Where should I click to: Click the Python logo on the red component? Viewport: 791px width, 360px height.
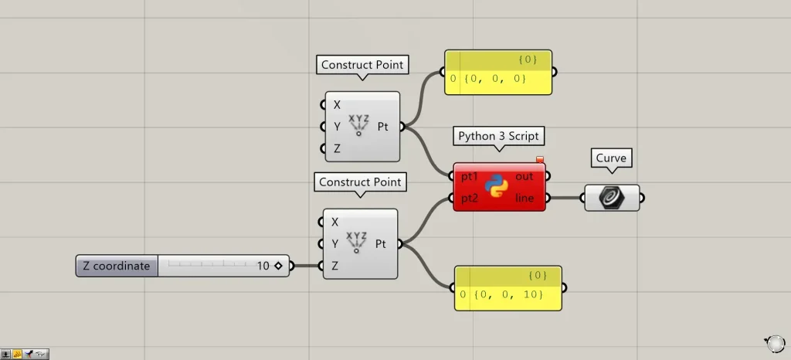pos(496,187)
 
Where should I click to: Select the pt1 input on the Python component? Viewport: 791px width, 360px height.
pos(469,177)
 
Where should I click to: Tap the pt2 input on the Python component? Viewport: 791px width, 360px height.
pos(469,198)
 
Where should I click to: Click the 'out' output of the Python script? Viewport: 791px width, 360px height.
pos(525,177)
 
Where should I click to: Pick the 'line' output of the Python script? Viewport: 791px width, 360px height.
pos(525,198)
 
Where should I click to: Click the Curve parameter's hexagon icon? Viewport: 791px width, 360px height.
pos(612,198)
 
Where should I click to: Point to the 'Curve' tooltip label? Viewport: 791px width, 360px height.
pos(610,158)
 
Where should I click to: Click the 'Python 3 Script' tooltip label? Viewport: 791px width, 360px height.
pos(498,136)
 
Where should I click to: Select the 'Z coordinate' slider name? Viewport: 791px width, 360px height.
pos(117,266)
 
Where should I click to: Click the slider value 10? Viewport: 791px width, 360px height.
pos(263,266)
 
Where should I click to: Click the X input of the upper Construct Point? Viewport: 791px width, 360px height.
pos(337,104)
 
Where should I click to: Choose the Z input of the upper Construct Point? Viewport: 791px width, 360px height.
pos(337,148)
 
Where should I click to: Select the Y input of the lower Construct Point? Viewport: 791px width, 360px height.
pos(334,244)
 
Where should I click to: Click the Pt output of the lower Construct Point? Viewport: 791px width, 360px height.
pos(381,244)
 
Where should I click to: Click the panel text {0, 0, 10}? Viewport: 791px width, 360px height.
pos(501,294)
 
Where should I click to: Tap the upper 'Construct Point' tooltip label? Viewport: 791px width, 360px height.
pos(362,65)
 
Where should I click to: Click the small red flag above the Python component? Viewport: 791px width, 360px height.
pos(540,160)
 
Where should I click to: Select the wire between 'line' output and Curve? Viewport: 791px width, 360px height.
pos(567,198)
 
